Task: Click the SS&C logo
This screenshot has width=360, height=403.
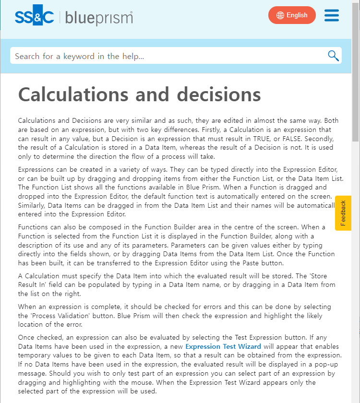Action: (34, 17)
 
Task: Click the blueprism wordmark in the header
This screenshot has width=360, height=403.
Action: (99, 18)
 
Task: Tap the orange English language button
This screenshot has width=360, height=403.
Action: (292, 15)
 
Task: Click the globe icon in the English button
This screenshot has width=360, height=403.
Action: (280, 15)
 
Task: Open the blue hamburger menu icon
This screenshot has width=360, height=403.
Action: (332, 15)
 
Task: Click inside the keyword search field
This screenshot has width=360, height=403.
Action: (163, 56)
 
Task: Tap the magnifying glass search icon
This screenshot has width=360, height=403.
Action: (333, 56)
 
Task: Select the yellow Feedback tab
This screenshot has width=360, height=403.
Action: (343, 213)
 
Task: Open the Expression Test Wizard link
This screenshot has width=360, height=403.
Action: (223, 346)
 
